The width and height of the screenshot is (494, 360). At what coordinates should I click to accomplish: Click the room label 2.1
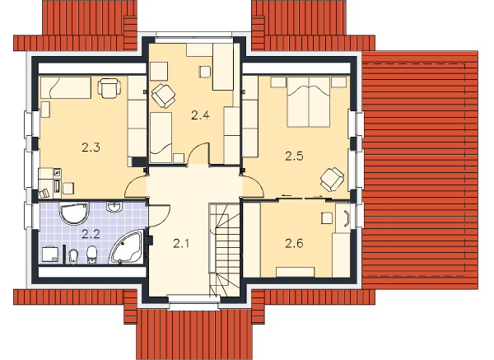[x=181, y=243]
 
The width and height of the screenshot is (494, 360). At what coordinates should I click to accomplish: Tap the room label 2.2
[x=91, y=234]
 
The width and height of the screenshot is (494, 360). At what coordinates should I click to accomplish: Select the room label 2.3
[x=91, y=147]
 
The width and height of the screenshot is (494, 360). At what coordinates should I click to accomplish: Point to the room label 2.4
[x=200, y=115]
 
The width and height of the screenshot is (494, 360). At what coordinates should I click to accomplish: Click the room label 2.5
[x=294, y=156]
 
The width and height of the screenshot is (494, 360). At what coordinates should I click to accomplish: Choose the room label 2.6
[x=294, y=243]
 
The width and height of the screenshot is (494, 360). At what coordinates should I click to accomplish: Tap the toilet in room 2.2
[x=91, y=254]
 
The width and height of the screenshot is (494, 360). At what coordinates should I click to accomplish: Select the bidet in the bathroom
[x=73, y=256]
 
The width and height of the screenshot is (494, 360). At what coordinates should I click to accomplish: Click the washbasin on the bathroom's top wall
[x=114, y=207]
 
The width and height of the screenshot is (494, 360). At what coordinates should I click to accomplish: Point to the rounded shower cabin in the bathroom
[x=74, y=213]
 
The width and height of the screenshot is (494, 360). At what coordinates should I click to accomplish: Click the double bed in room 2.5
[x=309, y=101]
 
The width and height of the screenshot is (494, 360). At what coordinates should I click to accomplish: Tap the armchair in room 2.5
[x=333, y=179]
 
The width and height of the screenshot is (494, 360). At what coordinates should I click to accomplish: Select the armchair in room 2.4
[x=163, y=96]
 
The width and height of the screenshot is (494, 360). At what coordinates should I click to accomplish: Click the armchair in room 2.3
[x=109, y=88]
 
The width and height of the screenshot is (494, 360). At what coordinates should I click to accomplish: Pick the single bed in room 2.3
[x=66, y=87]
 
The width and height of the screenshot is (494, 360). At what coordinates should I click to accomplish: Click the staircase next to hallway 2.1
[x=225, y=250]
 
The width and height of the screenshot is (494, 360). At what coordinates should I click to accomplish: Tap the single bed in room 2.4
[x=161, y=138]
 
